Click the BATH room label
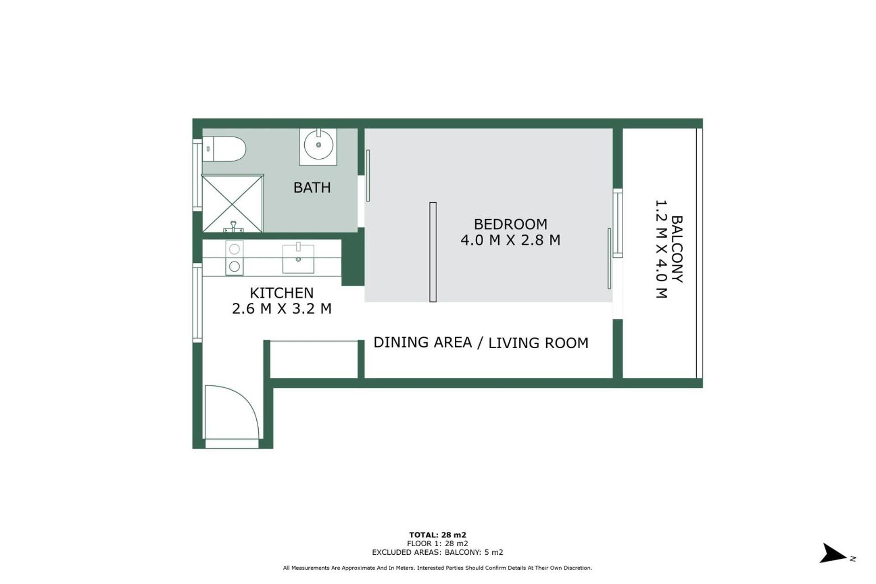pos(312,188)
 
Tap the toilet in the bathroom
pos(224,149)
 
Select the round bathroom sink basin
pos(318,145)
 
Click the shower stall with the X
pos(232,203)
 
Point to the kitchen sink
pos(298,259)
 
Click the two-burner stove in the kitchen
pos(234,258)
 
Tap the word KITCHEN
pos(282,293)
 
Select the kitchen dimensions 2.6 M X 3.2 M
pos(282,309)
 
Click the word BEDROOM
pos(510,224)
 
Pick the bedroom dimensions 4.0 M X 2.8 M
pos(510,240)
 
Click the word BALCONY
pos(677,249)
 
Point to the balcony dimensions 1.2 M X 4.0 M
pos(661,249)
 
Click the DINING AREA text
pos(422,342)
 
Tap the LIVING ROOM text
pos(538,343)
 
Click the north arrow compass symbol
pos(834,553)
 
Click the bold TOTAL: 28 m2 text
pos(438,535)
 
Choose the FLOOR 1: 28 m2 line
pos(438,543)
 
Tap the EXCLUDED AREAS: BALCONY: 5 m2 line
pos(438,552)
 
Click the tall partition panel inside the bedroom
pos(433,252)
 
